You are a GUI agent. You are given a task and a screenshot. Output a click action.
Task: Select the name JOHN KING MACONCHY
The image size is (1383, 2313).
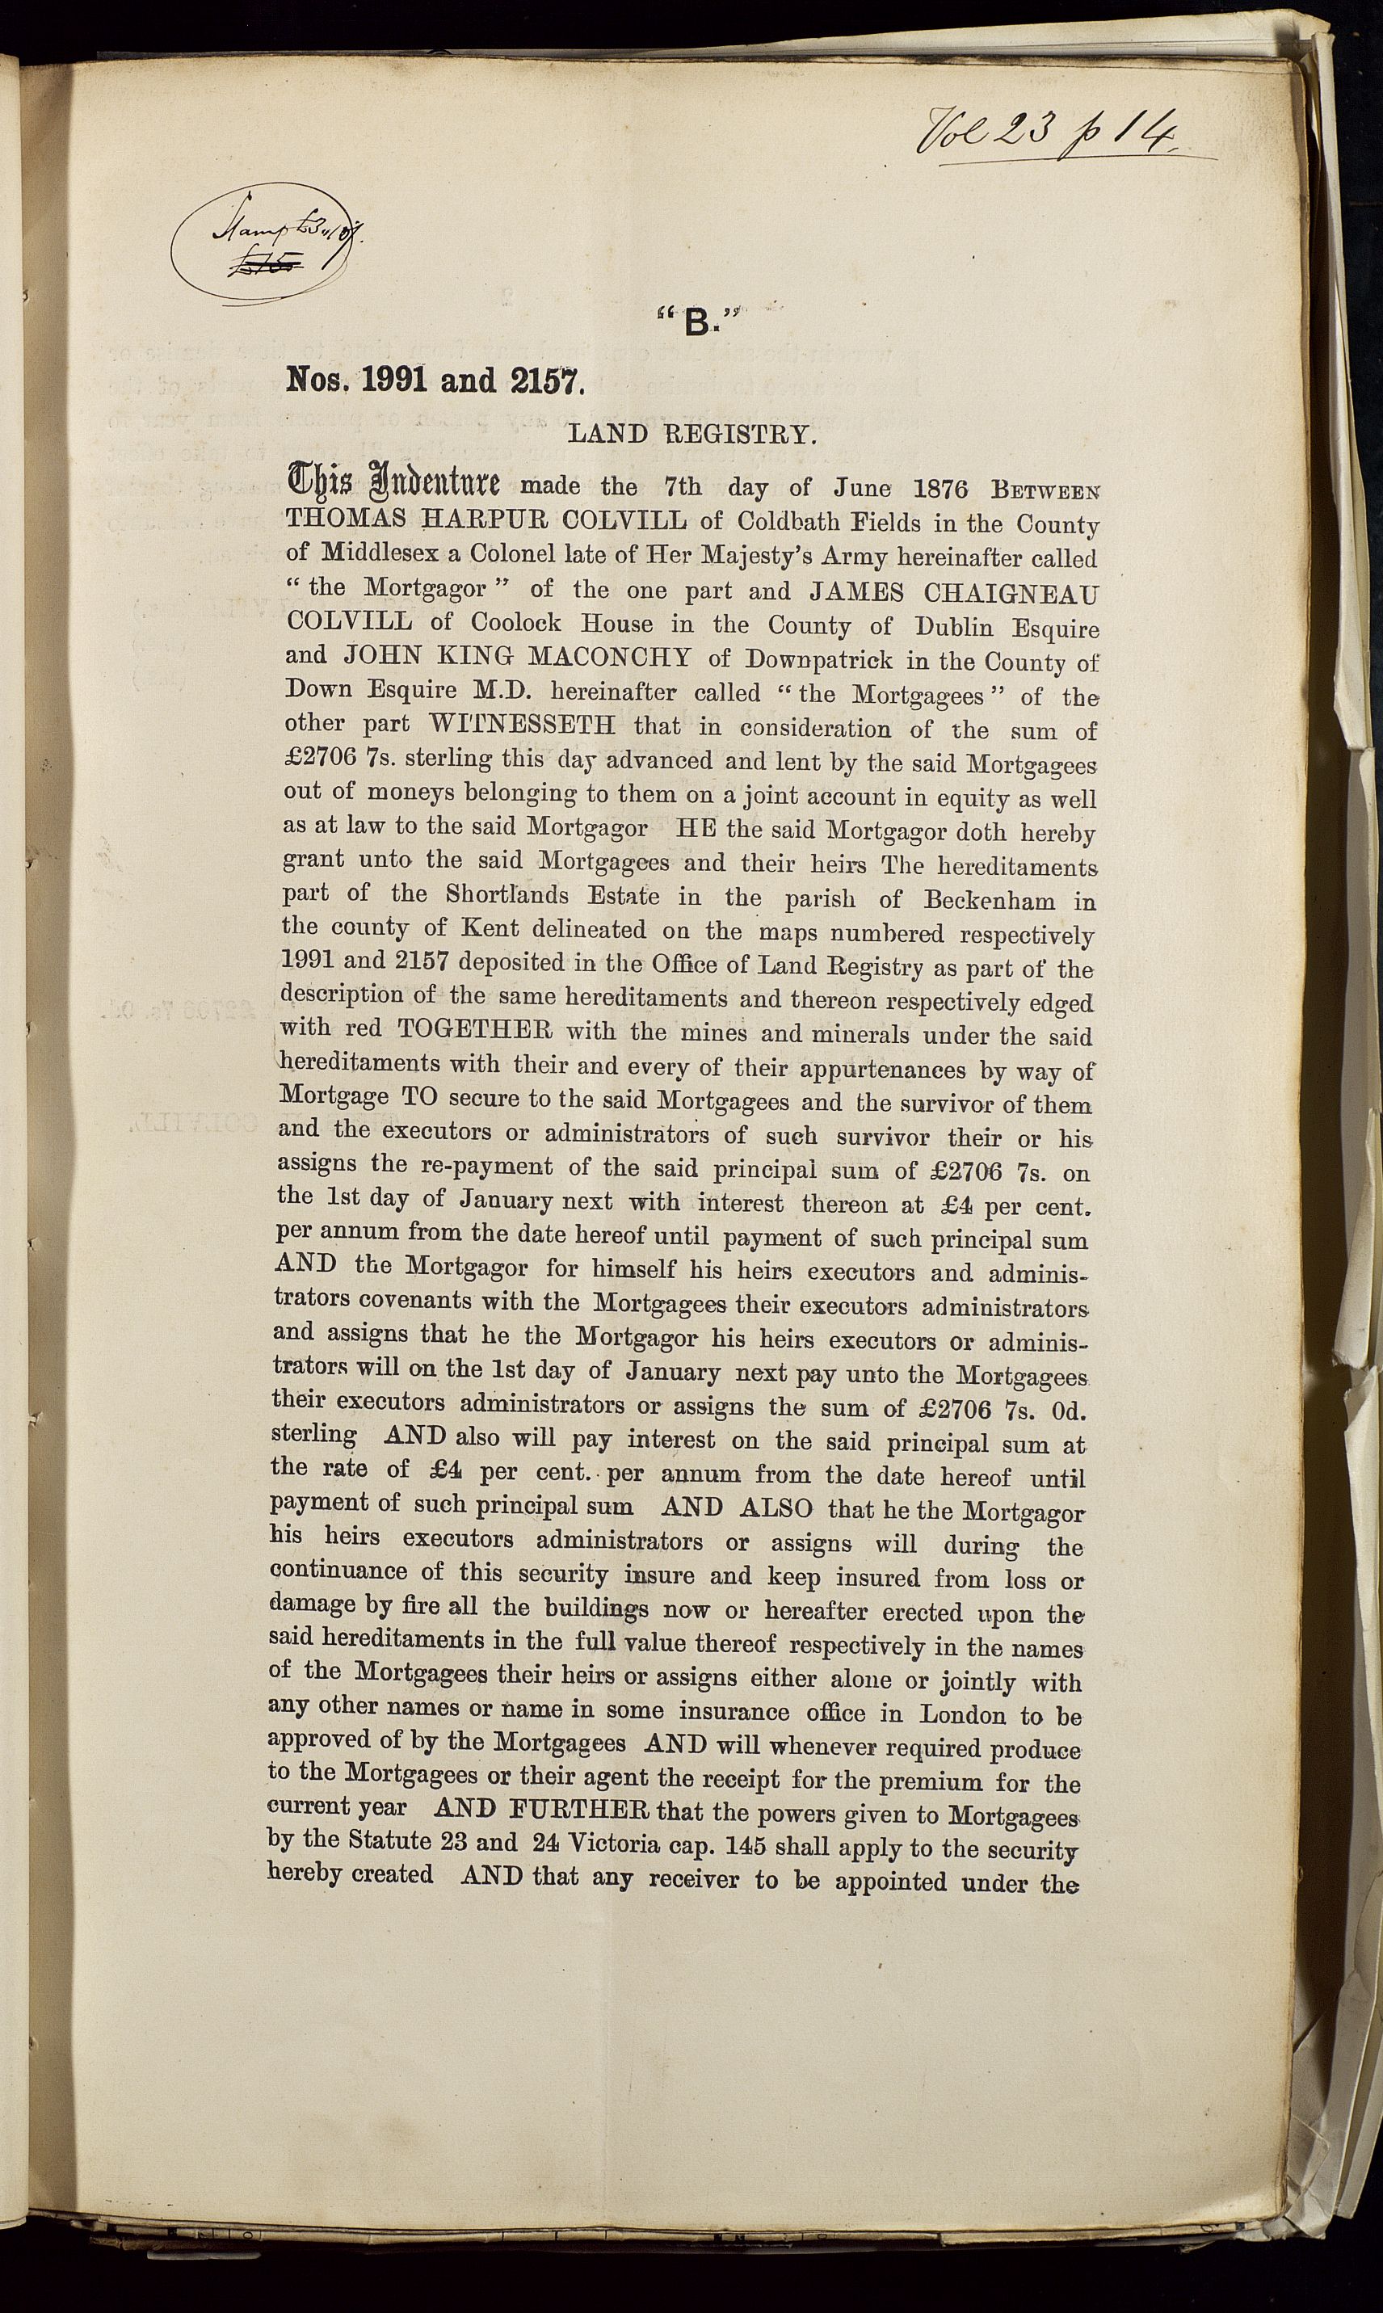pos(516,658)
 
